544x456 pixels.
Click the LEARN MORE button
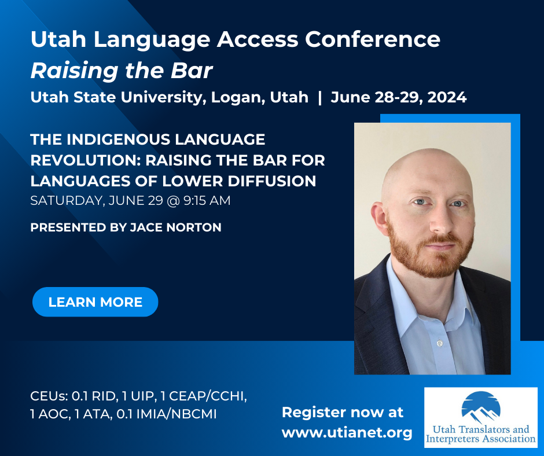tap(95, 301)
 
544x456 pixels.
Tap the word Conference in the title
tap(373, 39)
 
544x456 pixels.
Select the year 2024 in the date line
tap(447, 97)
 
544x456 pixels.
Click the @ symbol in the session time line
tap(173, 201)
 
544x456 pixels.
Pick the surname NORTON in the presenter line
tap(194, 227)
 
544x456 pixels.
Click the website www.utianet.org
tap(347, 433)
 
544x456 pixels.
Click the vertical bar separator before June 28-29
tap(319, 98)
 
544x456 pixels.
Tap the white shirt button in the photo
tap(440, 344)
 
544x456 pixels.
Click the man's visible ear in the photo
tap(379, 215)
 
